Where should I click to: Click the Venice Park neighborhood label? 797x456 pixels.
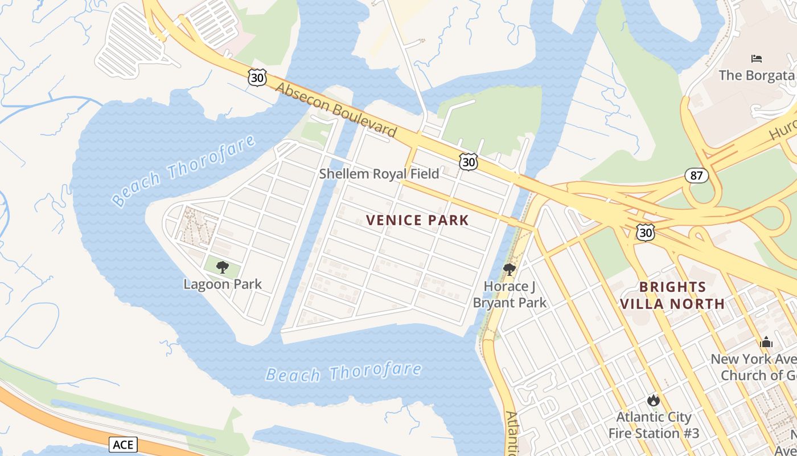[x=417, y=220]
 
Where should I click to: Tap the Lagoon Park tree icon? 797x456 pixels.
[x=223, y=267]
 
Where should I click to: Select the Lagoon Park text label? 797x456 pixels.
[x=223, y=284]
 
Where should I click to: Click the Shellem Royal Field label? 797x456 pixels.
[x=379, y=174]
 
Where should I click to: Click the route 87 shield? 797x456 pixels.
[x=697, y=176]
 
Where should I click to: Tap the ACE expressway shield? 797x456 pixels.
[x=123, y=444]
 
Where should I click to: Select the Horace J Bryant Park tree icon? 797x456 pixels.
[x=510, y=269]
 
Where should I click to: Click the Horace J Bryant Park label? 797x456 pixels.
[x=510, y=294]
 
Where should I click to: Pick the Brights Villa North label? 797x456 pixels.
[x=672, y=295]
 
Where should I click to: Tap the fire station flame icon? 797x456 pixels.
[x=654, y=400]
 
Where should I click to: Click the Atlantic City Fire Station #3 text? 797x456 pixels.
[x=654, y=425]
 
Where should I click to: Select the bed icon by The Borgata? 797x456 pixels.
[x=757, y=59]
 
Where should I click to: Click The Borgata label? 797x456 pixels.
[x=756, y=75]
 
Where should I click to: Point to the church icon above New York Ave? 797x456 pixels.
[x=766, y=342]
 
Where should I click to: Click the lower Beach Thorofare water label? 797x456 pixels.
[x=343, y=373]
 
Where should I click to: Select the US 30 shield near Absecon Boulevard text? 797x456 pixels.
[x=257, y=78]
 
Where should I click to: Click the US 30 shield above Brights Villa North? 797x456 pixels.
[x=646, y=232]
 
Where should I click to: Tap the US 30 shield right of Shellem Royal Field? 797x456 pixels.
[x=468, y=162]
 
